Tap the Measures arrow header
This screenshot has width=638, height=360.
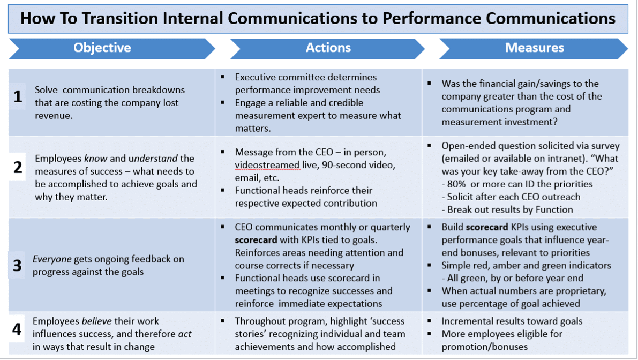[534, 48]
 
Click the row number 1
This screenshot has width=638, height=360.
[18, 96]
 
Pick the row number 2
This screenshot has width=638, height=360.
[18, 167]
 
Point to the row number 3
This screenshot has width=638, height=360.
[17, 265]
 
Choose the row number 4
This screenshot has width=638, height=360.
[17, 329]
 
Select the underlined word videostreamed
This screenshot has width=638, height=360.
[267, 165]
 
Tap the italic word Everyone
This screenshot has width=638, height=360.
[52, 259]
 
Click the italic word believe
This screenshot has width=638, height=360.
[97, 321]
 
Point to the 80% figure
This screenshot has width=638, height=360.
[456, 184]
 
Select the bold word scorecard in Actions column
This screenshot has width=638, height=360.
[256, 240]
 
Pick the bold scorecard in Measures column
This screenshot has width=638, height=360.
[487, 227]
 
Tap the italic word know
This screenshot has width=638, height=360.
[96, 158]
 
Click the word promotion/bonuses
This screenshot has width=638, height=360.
[485, 347]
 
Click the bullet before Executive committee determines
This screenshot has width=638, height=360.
[222, 77]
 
